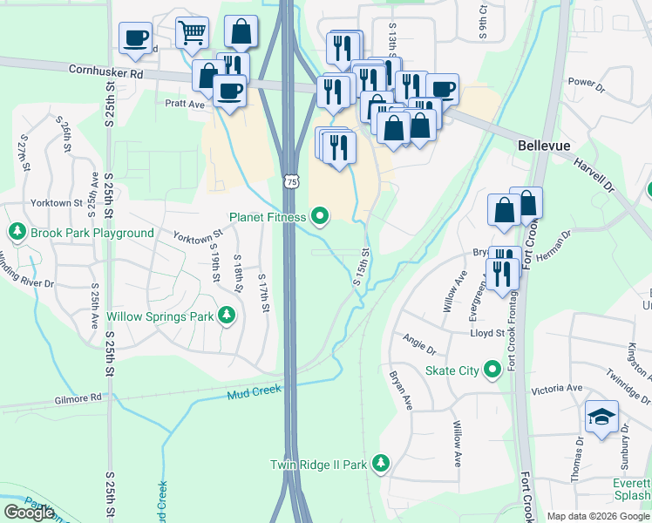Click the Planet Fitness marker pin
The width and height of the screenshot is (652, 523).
pyautogui.click(x=321, y=216)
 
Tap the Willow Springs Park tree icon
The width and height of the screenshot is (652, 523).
pyautogui.click(x=227, y=315)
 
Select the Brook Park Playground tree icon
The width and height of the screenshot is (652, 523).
pyautogui.click(x=17, y=232)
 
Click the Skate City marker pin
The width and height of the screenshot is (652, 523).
pyautogui.click(x=492, y=370)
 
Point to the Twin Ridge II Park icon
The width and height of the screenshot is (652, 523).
pyautogui.click(x=380, y=463)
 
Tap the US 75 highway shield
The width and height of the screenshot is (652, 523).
pyautogui.click(x=291, y=180)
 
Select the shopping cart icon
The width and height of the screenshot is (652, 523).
pyautogui.click(x=192, y=33)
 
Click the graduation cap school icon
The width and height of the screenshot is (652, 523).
pyautogui.click(x=601, y=417)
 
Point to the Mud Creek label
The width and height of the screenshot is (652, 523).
pyautogui.click(x=255, y=392)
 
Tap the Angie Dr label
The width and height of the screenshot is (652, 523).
pyautogui.click(x=419, y=343)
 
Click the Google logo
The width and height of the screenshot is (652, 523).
pyautogui.click(x=29, y=512)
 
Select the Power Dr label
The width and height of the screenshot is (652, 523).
pyautogui.click(x=587, y=85)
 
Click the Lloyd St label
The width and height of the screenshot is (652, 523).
pyautogui.click(x=488, y=333)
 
